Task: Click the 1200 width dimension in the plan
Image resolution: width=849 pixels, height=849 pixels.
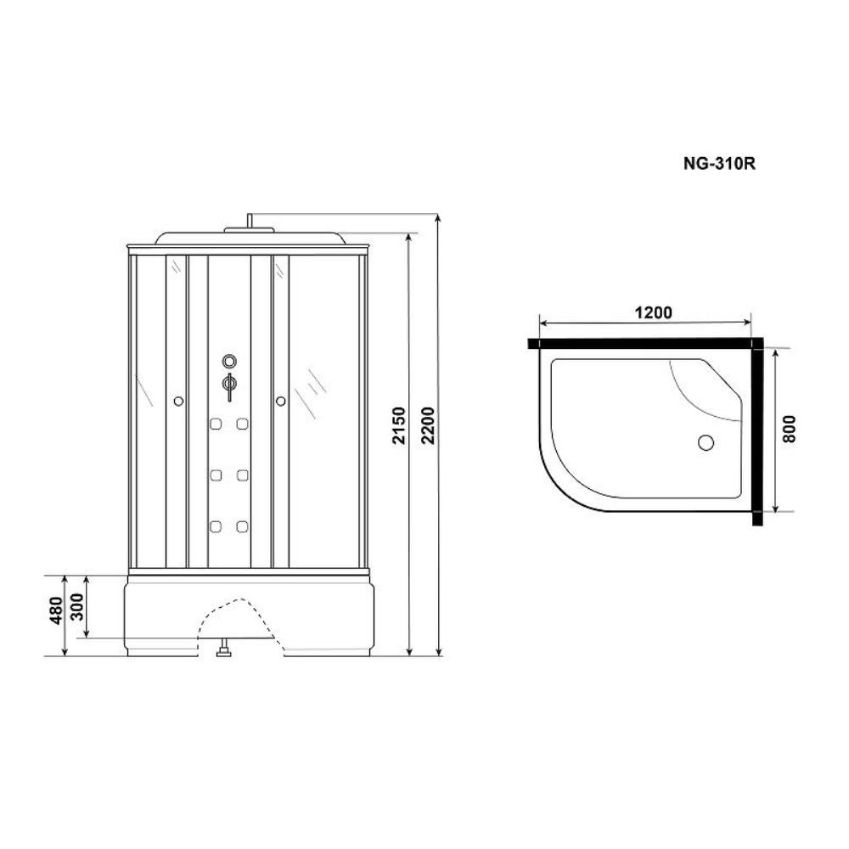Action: click(x=652, y=312)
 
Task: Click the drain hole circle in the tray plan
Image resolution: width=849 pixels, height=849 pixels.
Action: click(x=706, y=442)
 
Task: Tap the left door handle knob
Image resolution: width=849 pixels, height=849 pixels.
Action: click(x=177, y=401)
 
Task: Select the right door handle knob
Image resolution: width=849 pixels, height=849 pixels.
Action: click(x=278, y=401)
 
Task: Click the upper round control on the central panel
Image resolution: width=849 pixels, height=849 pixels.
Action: click(x=228, y=360)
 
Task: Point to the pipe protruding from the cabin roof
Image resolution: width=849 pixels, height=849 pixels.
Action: click(x=249, y=220)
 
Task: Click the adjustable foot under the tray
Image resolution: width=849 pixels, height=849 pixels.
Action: click(x=224, y=650)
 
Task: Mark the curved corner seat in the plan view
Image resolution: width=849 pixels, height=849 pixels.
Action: click(x=709, y=391)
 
